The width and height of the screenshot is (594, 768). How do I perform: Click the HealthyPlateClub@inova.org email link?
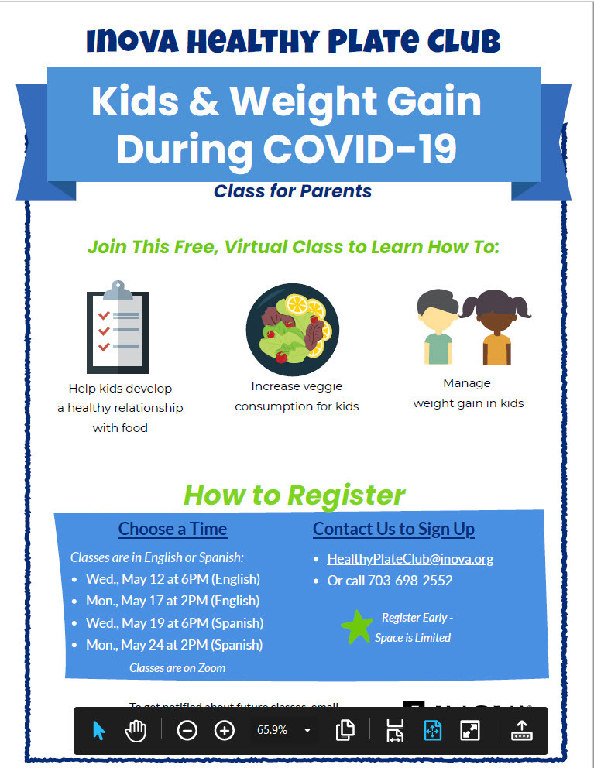coord(410,559)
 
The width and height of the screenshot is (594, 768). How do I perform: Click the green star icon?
coord(356,626)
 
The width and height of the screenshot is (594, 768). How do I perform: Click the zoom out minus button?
coord(187,730)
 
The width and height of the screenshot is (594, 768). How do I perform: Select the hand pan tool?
coord(136,730)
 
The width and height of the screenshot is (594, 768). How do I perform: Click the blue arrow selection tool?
coord(99,730)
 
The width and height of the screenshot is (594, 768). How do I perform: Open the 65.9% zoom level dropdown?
coord(307,730)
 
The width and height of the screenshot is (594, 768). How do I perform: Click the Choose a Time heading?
coord(173,530)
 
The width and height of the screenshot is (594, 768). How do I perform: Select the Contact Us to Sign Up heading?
coord(393,530)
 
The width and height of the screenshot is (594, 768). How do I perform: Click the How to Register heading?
coord(294,495)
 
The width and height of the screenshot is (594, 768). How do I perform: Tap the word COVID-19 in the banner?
coord(360,149)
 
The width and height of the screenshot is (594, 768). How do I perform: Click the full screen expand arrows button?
coord(470,730)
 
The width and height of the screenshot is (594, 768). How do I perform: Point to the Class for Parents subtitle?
coord(293,191)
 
